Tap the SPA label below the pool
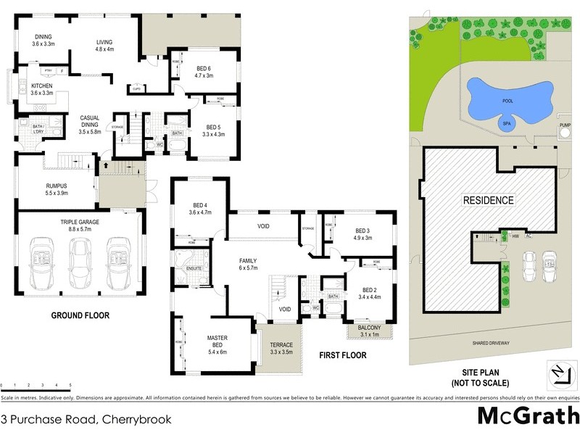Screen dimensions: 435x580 pyautogui.click(x=507, y=124)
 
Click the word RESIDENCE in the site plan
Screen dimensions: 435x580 pyautogui.click(x=488, y=200)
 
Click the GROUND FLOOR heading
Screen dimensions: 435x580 pyautogui.click(x=80, y=315)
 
